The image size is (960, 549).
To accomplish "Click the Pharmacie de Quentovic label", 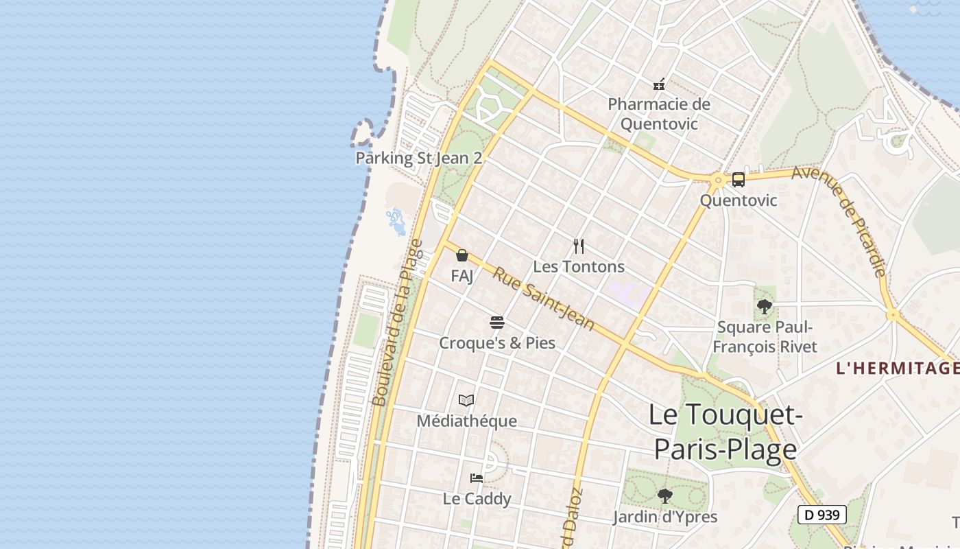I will click(x=659, y=114).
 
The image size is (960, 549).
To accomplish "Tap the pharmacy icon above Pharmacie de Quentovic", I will click(x=659, y=84).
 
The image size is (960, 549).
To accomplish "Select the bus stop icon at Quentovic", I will click(x=738, y=180).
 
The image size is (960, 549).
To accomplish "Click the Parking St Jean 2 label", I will click(x=418, y=158).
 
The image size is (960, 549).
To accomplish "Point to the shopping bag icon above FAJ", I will click(x=462, y=255).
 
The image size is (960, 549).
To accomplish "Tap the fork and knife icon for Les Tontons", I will click(x=579, y=246).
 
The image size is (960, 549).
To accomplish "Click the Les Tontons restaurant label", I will click(x=579, y=266).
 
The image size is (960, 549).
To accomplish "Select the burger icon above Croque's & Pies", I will click(x=497, y=322).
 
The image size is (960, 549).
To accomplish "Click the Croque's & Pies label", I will click(x=497, y=342).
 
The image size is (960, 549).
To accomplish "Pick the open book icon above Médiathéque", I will click(x=466, y=400).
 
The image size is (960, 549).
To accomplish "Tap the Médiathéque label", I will click(x=466, y=421).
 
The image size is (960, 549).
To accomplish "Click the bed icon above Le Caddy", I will click(x=477, y=478).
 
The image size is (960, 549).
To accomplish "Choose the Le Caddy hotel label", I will click(x=477, y=499).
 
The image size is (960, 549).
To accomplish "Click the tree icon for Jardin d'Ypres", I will click(x=664, y=495).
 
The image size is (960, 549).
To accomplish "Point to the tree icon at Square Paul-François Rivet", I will click(x=765, y=307).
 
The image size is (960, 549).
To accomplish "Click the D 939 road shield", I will click(x=821, y=515).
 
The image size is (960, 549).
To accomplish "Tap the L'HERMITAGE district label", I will click(x=897, y=369).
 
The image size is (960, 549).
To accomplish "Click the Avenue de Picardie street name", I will click(x=839, y=220).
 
